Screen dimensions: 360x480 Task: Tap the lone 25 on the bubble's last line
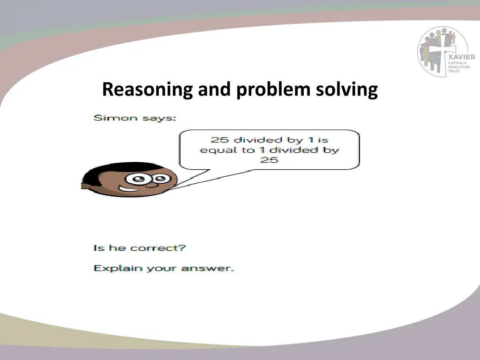pyautogui.click(x=270, y=160)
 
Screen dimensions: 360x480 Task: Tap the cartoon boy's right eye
pyautogui.click(x=161, y=178)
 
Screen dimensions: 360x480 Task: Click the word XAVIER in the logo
pyautogui.click(x=461, y=57)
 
